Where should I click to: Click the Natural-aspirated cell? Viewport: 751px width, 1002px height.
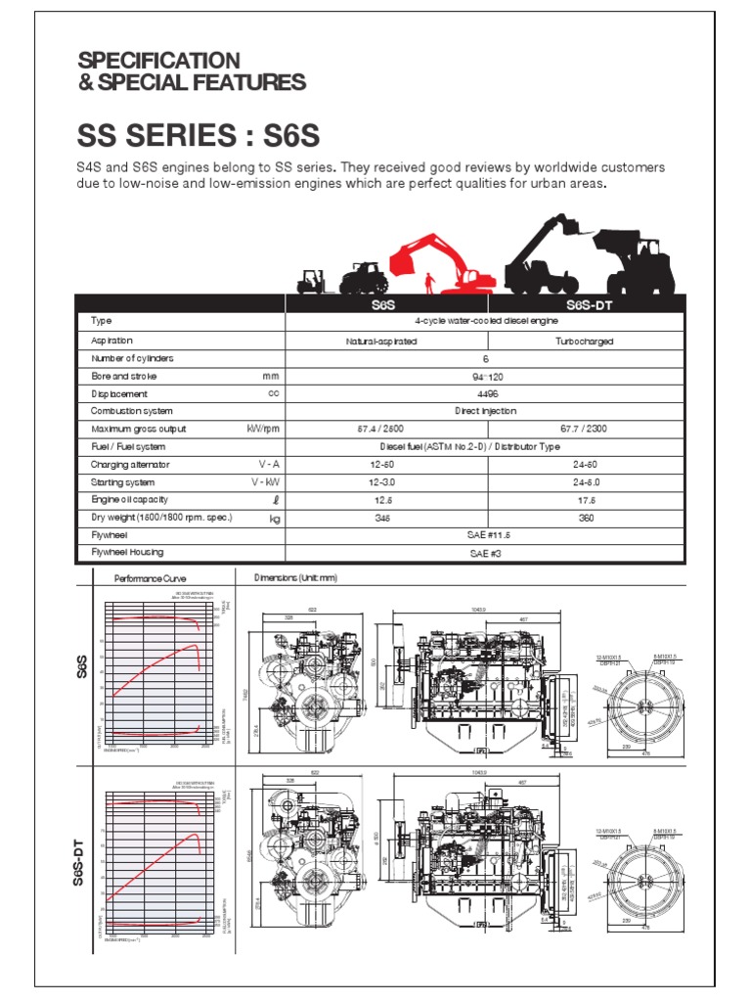381,341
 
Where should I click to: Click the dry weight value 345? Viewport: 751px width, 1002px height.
381,518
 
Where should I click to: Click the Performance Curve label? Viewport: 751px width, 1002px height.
150,578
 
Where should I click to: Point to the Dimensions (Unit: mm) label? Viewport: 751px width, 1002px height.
295,578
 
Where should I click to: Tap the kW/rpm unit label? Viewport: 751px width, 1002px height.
263,429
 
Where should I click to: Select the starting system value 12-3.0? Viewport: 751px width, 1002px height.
381,482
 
